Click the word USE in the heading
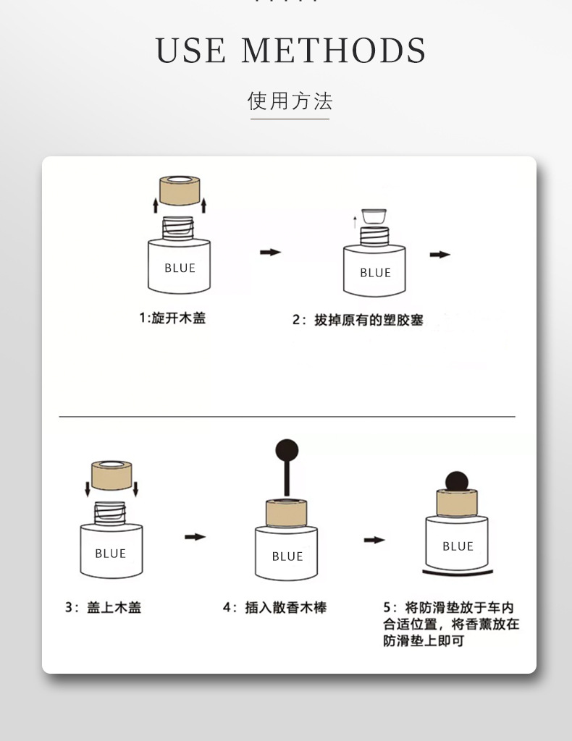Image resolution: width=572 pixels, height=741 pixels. coord(190,51)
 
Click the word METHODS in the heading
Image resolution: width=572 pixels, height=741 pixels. coord(333,51)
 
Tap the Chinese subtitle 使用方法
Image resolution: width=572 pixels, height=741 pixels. coord(290,101)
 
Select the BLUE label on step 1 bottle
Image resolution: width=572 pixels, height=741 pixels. coord(180,268)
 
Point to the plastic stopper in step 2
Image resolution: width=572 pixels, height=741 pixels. coord(374,214)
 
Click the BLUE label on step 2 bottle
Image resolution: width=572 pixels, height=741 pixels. coord(375,273)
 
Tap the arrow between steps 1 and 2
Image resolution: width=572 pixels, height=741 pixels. coord(270,252)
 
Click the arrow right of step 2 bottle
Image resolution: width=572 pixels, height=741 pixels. coord(439,255)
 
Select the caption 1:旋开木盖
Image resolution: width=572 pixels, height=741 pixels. coord(172,318)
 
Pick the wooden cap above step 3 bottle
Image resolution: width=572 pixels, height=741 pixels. coord(111,475)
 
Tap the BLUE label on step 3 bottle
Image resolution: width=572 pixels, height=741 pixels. coord(110,554)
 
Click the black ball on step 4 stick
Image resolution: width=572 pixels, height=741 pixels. coord(287,450)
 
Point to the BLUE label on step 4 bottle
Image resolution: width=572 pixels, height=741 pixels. coord(287,556)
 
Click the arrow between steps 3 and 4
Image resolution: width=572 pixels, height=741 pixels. coord(195,537)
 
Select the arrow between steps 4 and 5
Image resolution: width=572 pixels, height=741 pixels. coord(374,540)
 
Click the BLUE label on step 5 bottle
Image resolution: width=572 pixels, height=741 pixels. coord(458,546)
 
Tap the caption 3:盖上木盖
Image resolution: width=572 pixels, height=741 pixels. coord(104,608)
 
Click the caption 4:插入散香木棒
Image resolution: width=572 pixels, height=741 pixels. coord(274,608)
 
